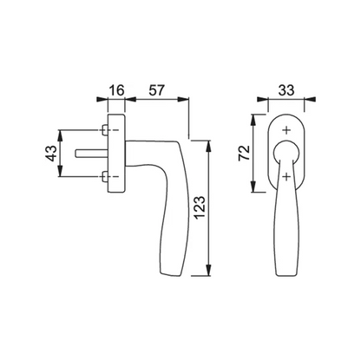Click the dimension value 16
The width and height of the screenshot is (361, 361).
116,90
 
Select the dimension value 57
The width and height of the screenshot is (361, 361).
156,90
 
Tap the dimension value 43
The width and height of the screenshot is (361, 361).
51,154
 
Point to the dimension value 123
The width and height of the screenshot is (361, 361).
200,207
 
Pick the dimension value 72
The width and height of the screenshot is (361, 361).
244,153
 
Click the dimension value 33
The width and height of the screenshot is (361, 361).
286,90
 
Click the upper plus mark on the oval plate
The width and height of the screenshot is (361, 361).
286,130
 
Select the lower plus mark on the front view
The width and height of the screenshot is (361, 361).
286,176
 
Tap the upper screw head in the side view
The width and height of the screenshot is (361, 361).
105,130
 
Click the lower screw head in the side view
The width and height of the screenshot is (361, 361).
105,177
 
